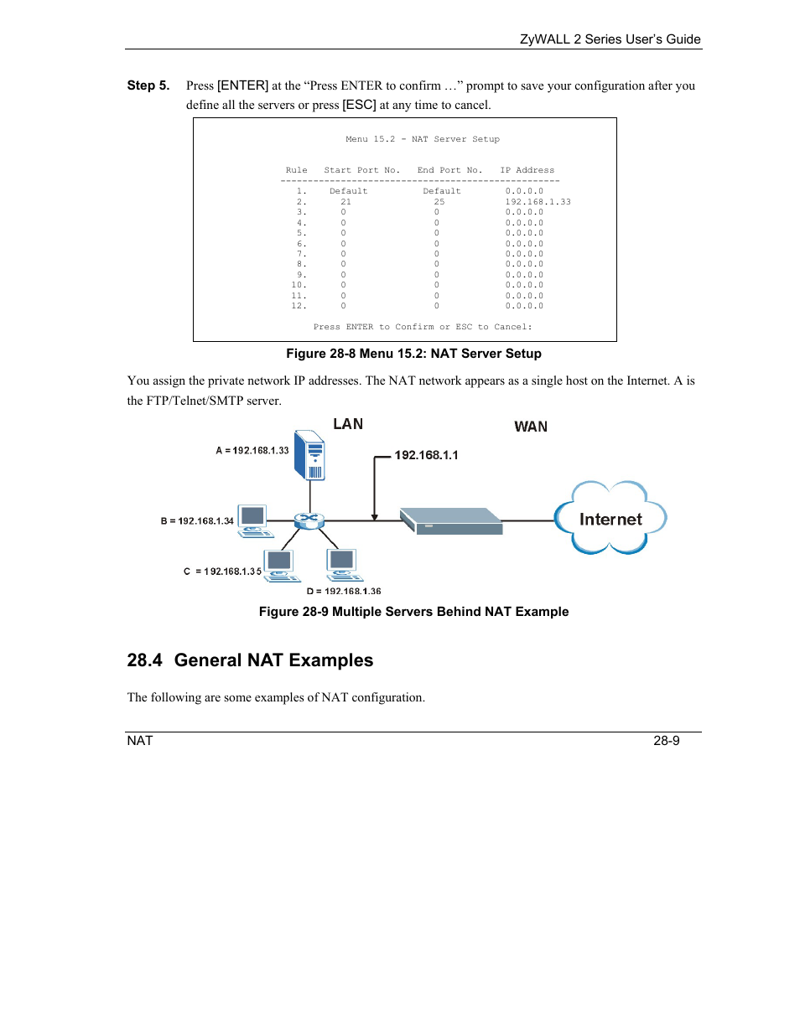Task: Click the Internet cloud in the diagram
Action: (x=610, y=519)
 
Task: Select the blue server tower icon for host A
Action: (x=309, y=455)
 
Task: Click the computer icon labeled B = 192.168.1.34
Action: (x=253, y=520)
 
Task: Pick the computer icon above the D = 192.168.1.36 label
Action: (x=342, y=564)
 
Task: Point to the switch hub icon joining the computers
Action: (x=309, y=520)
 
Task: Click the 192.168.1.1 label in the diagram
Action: (x=426, y=455)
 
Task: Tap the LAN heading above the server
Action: (x=348, y=424)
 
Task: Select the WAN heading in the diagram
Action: (x=531, y=427)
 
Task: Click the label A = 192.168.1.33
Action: (x=252, y=451)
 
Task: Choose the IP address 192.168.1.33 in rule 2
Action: (x=538, y=202)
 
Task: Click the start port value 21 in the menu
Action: (x=345, y=202)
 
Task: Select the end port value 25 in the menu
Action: (x=439, y=202)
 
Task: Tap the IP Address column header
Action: (x=527, y=170)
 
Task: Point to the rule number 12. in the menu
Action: (x=299, y=306)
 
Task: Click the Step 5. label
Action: (x=148, y=85)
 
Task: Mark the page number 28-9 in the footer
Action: (x=667, y=741)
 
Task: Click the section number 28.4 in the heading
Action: (x=144, y=660)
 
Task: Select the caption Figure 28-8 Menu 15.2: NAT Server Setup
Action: (x=413, y=354)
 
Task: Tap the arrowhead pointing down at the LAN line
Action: (x=375, y=516)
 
